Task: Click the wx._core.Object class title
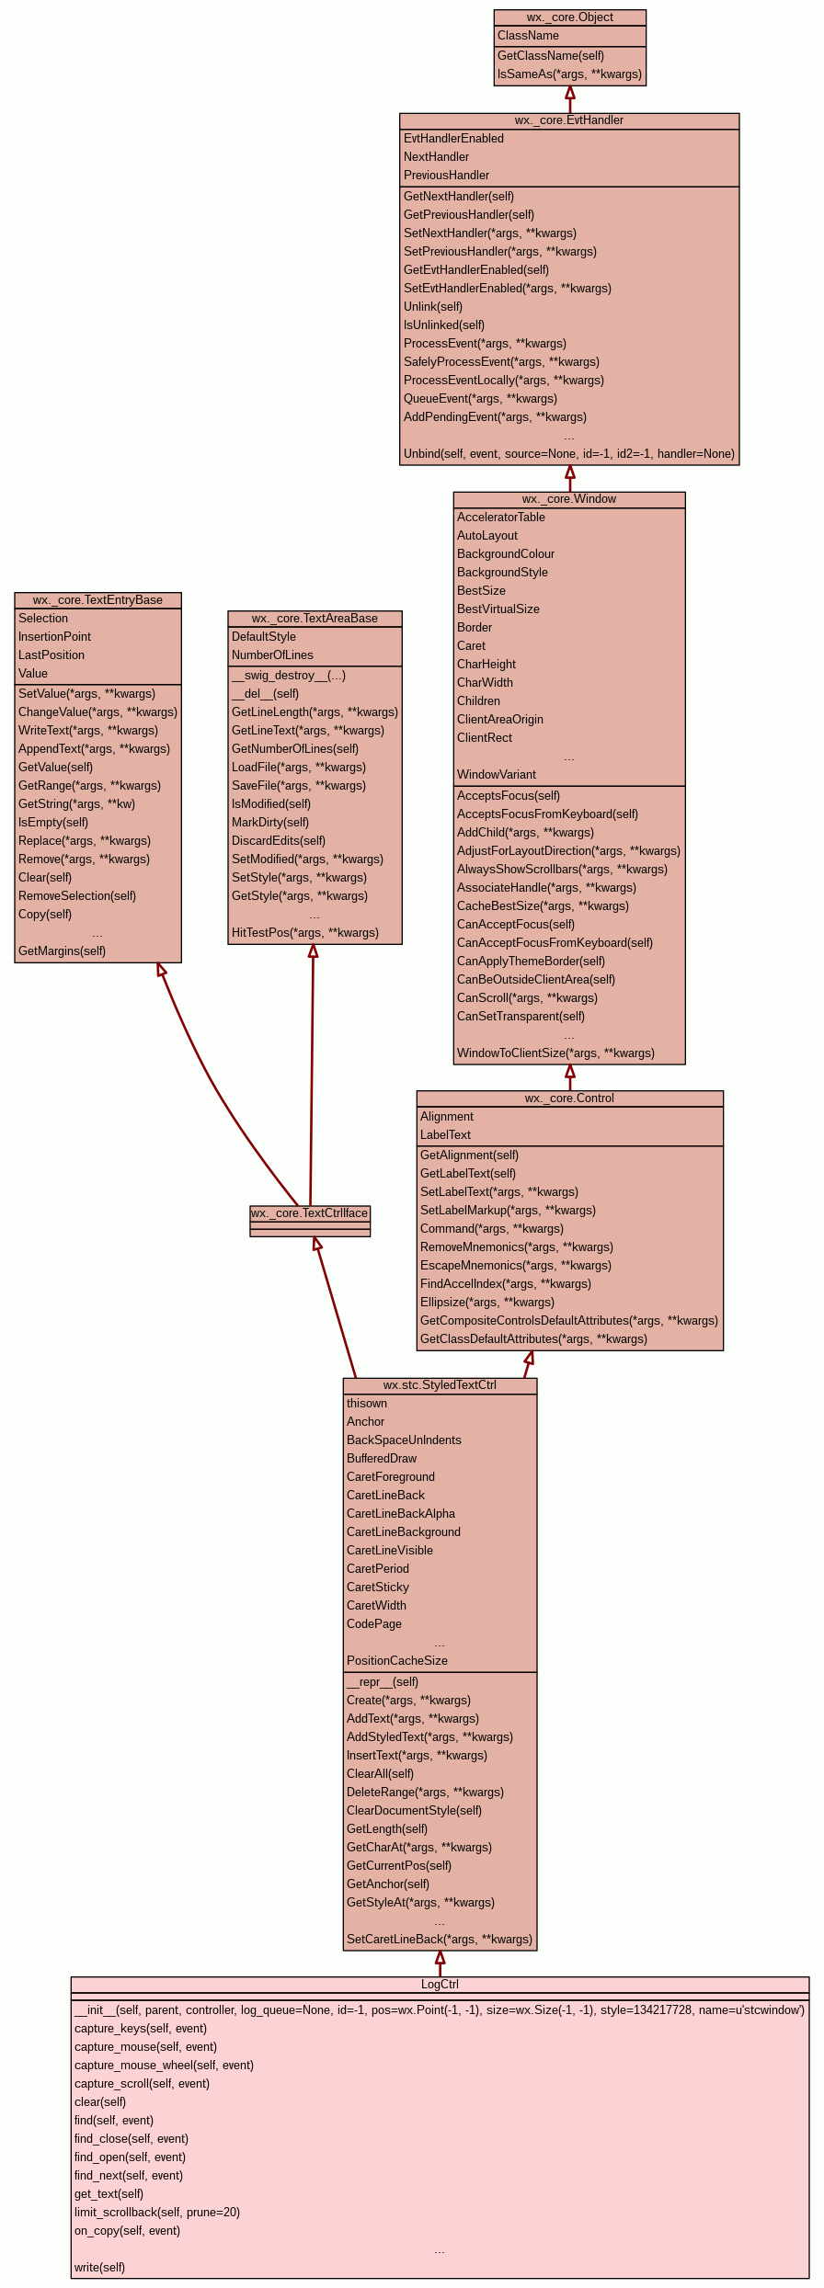[x=569, y=17]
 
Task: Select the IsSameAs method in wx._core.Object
[x=569, y=74]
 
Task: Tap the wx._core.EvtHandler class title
[x=568, y=120]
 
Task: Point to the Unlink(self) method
[x=433, y=307]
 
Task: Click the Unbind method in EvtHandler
[x=568, y=454]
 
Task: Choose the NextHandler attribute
[x=436, y=157]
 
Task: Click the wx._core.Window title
[x=568, y=499]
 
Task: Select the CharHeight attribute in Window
[x=486, y=665]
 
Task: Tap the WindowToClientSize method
[x=555, y=1053]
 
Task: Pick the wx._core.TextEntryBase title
[x=97, y=600]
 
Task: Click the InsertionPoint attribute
[x=54, y=637]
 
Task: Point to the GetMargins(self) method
[x=62, y=951]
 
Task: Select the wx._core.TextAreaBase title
[x=315, y=619]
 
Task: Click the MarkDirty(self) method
[x=270, y=823]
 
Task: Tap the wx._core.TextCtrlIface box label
[x=310, y=1213]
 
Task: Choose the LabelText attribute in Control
[x=445, y=1135]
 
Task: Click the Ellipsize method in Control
[x=487, y=1303]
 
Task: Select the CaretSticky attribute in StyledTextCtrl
[x=378, y=1588]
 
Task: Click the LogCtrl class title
[x=440, y=1985]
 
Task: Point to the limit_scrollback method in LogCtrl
[x=157, y=2213]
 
